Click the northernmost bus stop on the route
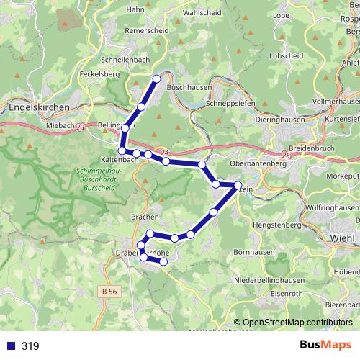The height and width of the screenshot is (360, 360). pyautogui.click(x=157, y=79)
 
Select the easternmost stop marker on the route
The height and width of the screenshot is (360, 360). pyautogui.click(x=238, y=186)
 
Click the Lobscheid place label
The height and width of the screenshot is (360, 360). pyautogui.click(x=284, y=55)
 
